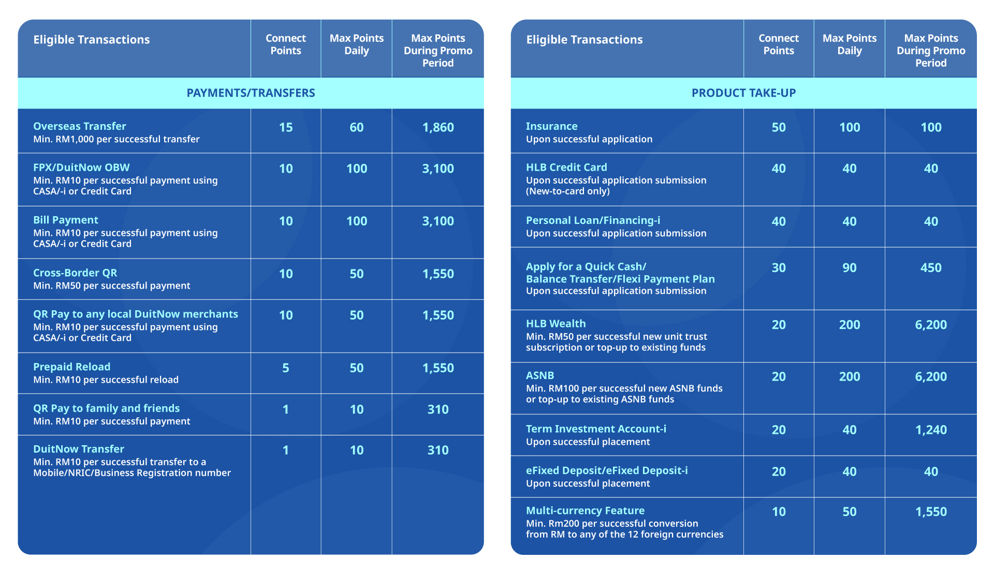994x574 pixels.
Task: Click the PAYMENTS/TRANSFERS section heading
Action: coord(251,93)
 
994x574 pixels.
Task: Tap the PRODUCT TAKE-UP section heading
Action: coord(743,93)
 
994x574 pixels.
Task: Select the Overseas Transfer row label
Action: coord(80,126)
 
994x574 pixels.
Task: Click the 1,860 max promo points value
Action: coord(438,128)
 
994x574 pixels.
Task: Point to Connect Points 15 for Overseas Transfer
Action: coord(286,128)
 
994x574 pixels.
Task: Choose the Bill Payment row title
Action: coord(66,220)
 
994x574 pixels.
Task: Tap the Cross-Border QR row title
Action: coord(75,273)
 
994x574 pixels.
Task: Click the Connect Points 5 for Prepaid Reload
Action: coord(286,368)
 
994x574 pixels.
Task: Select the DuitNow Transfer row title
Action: coord(79,449)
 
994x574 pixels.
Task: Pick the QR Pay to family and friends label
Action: coord(107,409)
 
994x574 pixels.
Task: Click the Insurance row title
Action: coord(552,126)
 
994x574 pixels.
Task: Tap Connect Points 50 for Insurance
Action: coord(779,128)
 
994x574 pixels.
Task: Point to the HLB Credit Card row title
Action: coord(566,168)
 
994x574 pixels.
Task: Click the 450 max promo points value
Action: coord(931,268)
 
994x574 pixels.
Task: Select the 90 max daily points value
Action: coord(850,268)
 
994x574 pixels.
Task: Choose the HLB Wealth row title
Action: coord(556,324)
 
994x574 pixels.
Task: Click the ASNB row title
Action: coord(540,375)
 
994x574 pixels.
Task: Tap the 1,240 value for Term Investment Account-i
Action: coord(931,430)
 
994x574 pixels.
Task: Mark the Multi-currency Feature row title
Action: coord(586,511)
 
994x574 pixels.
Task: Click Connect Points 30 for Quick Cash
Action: coord(779,268)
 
